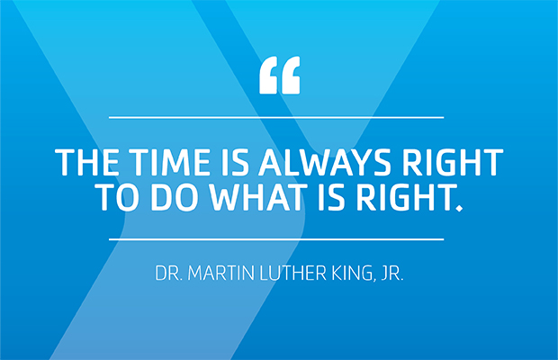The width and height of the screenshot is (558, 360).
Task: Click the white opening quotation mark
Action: [278, 77]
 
